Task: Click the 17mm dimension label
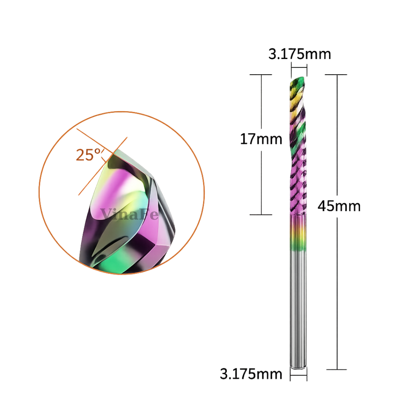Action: (x=261, y=139)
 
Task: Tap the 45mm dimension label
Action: (x=339, y=206)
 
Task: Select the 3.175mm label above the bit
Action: (x=299, y=54)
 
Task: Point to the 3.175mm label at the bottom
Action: (x=251, y=374)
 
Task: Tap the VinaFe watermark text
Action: (x=129, y=214)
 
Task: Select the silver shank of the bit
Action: (x=298, y=309)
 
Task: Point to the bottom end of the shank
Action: (x=298, y=368)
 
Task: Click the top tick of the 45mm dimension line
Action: (x=336, y=75)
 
